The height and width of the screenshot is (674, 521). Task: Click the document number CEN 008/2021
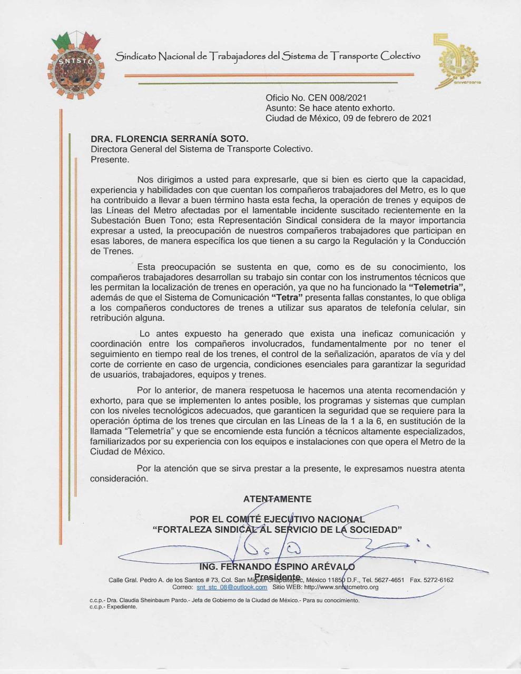coord(337,97)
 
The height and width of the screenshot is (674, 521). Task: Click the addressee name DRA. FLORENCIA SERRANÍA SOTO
coord(169,138)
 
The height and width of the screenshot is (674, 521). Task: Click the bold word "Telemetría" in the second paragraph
coord(437,287)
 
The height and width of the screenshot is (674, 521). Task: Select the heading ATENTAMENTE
coord(277,499)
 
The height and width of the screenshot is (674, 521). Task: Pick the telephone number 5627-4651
coord(387,580)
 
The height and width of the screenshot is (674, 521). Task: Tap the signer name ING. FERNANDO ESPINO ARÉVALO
coord(277,567)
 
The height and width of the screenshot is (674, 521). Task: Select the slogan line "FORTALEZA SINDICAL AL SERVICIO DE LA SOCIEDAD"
coord(277,530)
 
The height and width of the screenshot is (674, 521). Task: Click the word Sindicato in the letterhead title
coord(136,56)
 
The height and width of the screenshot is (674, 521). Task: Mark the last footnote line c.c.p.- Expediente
coord(113,607)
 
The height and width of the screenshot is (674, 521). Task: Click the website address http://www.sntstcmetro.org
coord(341,587)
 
